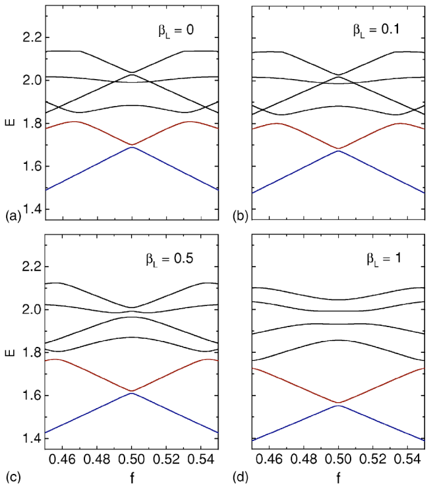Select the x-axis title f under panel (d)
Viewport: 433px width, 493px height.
(x=338, y=475)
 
